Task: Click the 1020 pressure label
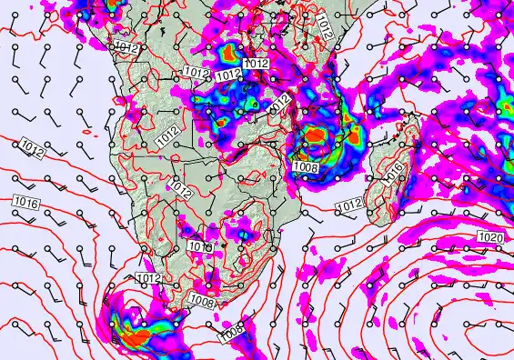click(x=489, y=237)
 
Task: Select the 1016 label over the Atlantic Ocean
click(x=25, y=204)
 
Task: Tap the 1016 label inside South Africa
click(x=201, y=247)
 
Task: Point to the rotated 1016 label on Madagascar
click(x=394, y=170)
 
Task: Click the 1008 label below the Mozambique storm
click(x=306, y=167)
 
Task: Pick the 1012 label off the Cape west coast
click(x=148, y=277)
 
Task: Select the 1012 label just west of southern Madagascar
click(x=349, y=208)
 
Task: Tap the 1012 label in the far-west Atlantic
click(x=31, y=145)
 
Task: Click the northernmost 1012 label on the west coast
click(x=126, y=46)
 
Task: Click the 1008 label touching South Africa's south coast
click(x=202, y=302)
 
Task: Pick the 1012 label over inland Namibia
click(x=180, y=191)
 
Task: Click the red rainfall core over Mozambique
click(x=315, y=135)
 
